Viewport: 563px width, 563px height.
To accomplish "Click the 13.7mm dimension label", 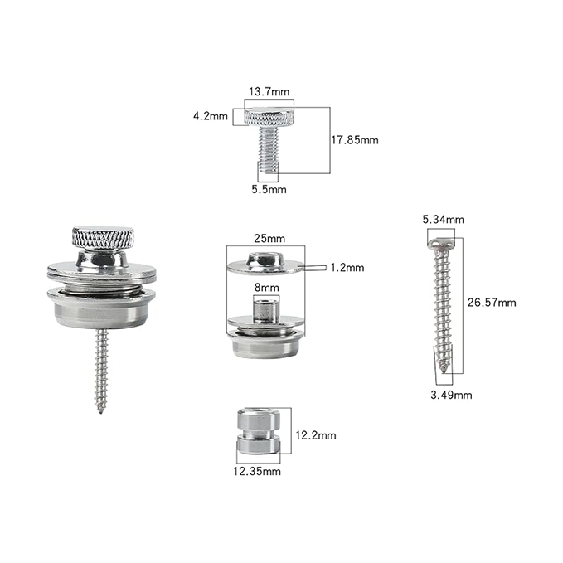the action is pyautogui.click(x=269, y=92).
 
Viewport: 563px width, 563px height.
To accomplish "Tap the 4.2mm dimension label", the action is pyautogui.click(x=211, y=116).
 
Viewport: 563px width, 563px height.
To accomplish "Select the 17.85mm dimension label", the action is pyautogui.click(x=355, y=140).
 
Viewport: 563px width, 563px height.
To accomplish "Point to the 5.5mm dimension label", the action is pyautogui.click(x=269, y=190).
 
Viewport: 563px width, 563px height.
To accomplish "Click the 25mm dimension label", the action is pyautogui.click(x=269, y=239).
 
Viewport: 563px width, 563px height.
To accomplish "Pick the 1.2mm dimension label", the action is pyautogui.click(x=347, y=268).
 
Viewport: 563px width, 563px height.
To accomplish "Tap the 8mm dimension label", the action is pyautogui.click(x=266, y=288).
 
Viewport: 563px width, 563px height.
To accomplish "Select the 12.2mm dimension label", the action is pyautogui.click(x=316, y=435).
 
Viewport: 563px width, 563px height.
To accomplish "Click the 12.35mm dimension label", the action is pyautogui.click(x=257, y=472).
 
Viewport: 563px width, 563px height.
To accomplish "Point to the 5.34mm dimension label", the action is pyautogui.click(x=443, y=220).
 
